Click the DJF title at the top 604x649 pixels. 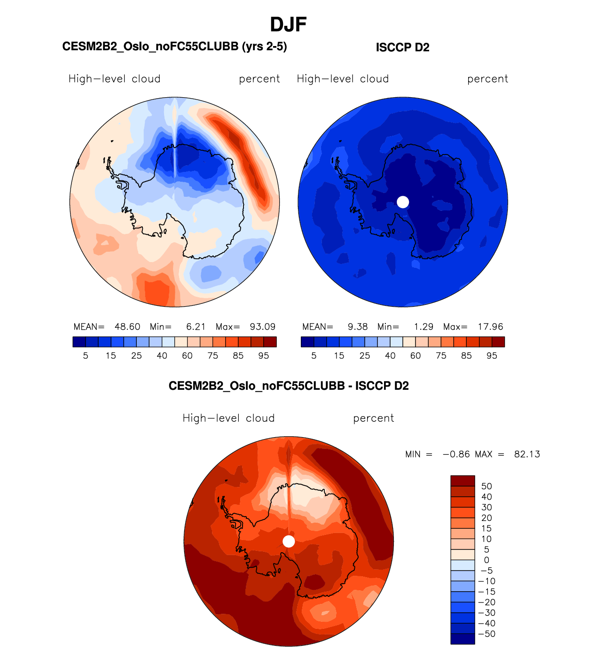point(288,25)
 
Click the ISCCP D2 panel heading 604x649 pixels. point(402,47)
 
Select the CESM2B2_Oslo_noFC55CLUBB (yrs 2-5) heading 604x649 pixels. point(174,46)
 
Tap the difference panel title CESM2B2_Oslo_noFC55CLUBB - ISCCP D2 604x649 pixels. point(289,386)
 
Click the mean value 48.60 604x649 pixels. point(127,327)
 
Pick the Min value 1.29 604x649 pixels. point(424,327)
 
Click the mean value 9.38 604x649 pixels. point(358,327)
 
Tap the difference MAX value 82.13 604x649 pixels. point(527,455)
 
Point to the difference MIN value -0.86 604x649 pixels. point(456,455)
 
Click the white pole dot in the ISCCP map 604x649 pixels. point(403,202)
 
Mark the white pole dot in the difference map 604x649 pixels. point(289,541)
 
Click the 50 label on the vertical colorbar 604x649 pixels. point(486,487)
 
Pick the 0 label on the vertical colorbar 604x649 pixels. point(486,560)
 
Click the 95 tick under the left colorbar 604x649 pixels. point(264,356)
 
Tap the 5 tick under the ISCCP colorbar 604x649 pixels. point(314,356)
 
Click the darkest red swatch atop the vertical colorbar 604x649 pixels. point(463,481)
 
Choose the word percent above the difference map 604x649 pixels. point(374,418)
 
